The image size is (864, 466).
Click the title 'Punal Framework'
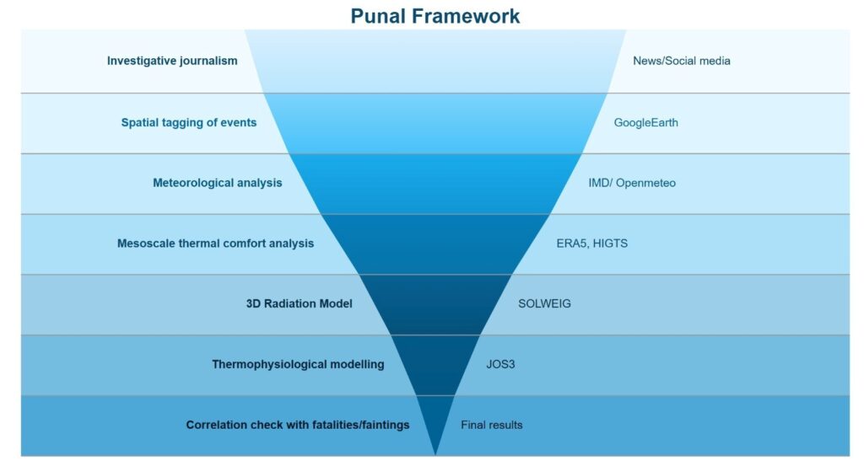[x=435, y=15]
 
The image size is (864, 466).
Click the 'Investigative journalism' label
[x=172, y=61]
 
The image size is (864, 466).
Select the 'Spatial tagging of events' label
[x=188, y=122]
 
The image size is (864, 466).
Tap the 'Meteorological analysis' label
[x=217, y=183]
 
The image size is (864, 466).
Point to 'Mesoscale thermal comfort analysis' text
[x=215, y=244]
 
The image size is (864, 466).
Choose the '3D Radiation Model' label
[x=293, y=303]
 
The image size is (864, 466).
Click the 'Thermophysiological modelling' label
[x=298, y=364]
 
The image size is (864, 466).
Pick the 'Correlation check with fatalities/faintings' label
[x=297, y=425]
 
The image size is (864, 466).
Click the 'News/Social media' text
[x=681, y=61]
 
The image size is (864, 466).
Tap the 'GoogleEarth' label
[x=645, y=122]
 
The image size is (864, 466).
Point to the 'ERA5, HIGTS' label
[x=591, y=244]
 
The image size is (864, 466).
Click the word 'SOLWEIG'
[x=544, y=303]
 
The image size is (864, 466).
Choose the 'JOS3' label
[x=500, y=364]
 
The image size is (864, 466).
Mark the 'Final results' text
[x=491, y=425]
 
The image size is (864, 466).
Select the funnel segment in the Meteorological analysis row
[x=435, y=183]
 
